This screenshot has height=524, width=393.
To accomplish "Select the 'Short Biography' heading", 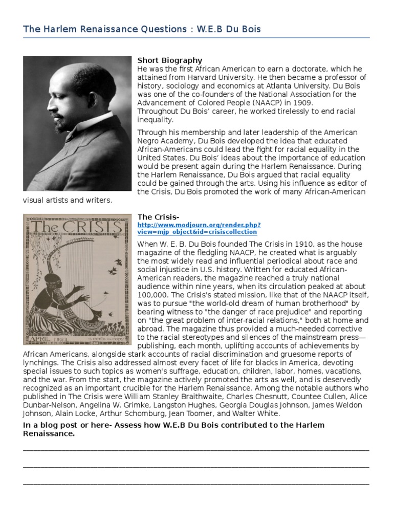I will point(170,60).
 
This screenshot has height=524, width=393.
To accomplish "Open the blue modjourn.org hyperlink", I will point(199,228).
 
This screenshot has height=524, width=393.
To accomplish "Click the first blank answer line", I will point(196,449).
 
